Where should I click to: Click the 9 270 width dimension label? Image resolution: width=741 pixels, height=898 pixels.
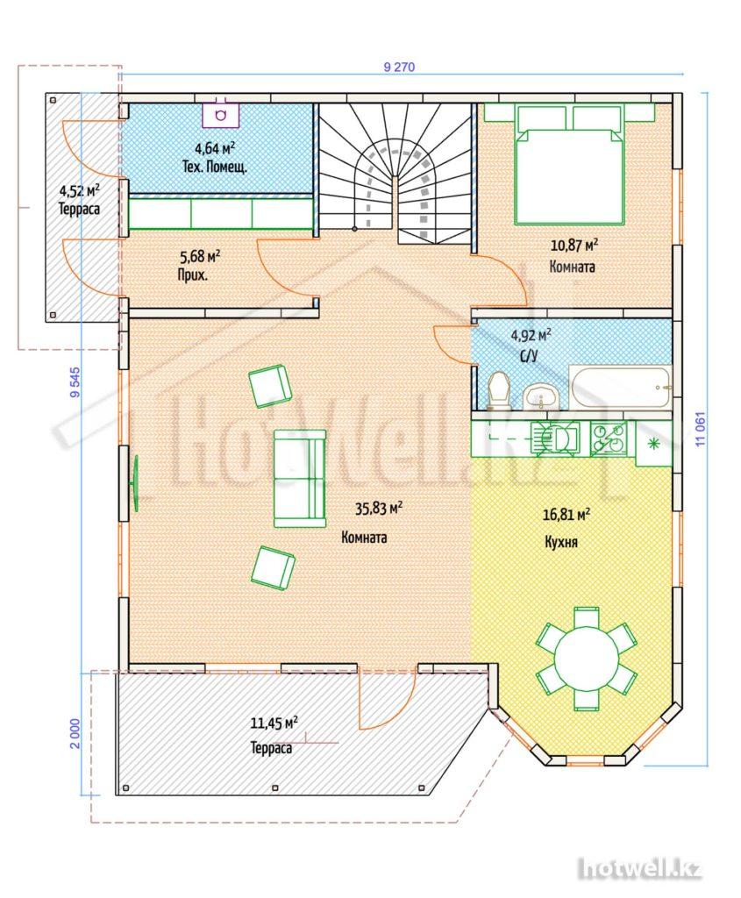tap(398, 67)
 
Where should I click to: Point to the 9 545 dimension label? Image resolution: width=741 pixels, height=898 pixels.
tap(75, 382)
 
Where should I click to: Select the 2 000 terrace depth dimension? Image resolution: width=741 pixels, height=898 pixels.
tap(75, 734)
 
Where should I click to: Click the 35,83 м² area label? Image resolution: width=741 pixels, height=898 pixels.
tap(379, 508)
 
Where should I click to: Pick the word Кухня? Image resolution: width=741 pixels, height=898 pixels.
tap(560, 542)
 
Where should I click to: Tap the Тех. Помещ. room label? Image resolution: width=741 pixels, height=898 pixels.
tap(215, 167)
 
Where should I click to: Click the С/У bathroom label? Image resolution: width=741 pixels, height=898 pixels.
tap(529, 356)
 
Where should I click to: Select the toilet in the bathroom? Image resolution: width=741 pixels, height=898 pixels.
tap(497, 390)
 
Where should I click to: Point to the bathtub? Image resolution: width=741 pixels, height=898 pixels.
tap(620, 387)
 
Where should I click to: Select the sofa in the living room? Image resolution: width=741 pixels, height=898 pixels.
tap(300, 479)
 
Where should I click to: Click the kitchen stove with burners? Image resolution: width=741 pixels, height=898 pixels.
tap(609, 438)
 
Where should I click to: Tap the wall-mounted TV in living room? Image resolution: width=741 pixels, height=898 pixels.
tap(137, 484)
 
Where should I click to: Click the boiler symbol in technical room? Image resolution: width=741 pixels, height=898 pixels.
tap(221, 115)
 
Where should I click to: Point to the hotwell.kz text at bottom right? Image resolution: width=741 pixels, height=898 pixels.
tap(639, 869)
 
